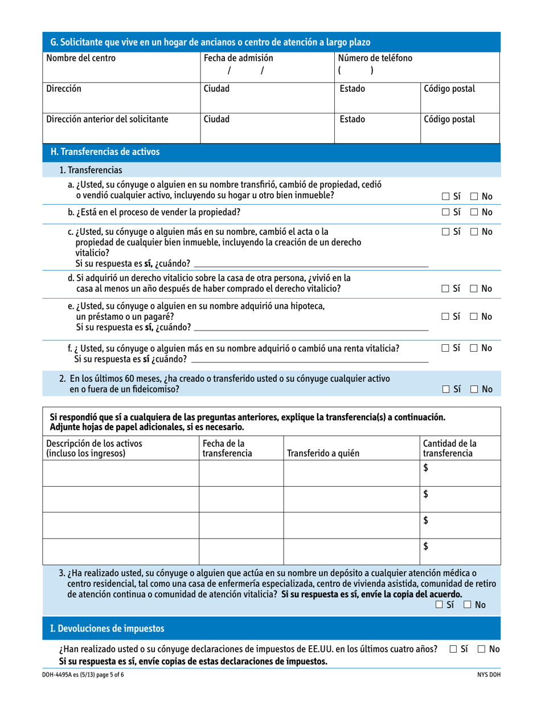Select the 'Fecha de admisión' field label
tap(239, 58)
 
